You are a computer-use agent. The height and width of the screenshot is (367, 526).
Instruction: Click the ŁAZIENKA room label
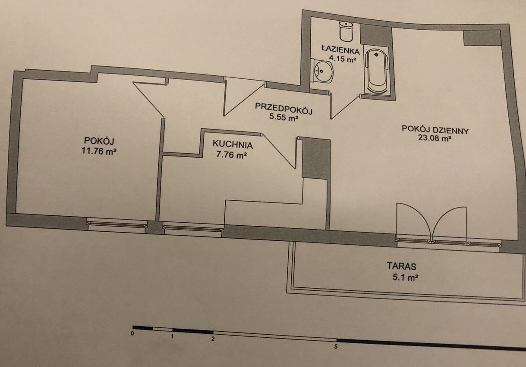340,49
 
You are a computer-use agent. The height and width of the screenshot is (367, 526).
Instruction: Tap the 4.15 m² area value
343,59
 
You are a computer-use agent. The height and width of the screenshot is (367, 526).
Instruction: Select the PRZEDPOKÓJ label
283,109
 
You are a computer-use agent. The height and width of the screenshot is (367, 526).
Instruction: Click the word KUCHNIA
233,144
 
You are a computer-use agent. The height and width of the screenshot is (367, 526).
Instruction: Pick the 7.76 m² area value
232,155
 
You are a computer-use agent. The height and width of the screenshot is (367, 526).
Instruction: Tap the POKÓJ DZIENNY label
435,130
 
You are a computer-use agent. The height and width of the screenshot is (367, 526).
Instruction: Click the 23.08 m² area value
435,138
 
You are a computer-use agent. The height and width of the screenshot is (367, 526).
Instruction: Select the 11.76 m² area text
99,151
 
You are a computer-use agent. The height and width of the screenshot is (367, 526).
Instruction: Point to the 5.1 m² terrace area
405,277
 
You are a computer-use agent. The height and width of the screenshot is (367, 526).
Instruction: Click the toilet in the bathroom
346,31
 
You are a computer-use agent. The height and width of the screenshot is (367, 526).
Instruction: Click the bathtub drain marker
376,54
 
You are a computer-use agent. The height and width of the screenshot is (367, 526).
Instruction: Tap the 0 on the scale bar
132,333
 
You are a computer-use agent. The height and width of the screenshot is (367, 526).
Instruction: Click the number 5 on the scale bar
336,347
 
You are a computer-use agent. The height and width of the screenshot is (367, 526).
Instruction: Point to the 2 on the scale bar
213,339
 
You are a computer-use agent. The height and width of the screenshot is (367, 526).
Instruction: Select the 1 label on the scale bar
172,336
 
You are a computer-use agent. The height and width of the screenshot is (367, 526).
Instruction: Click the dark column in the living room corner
482,38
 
